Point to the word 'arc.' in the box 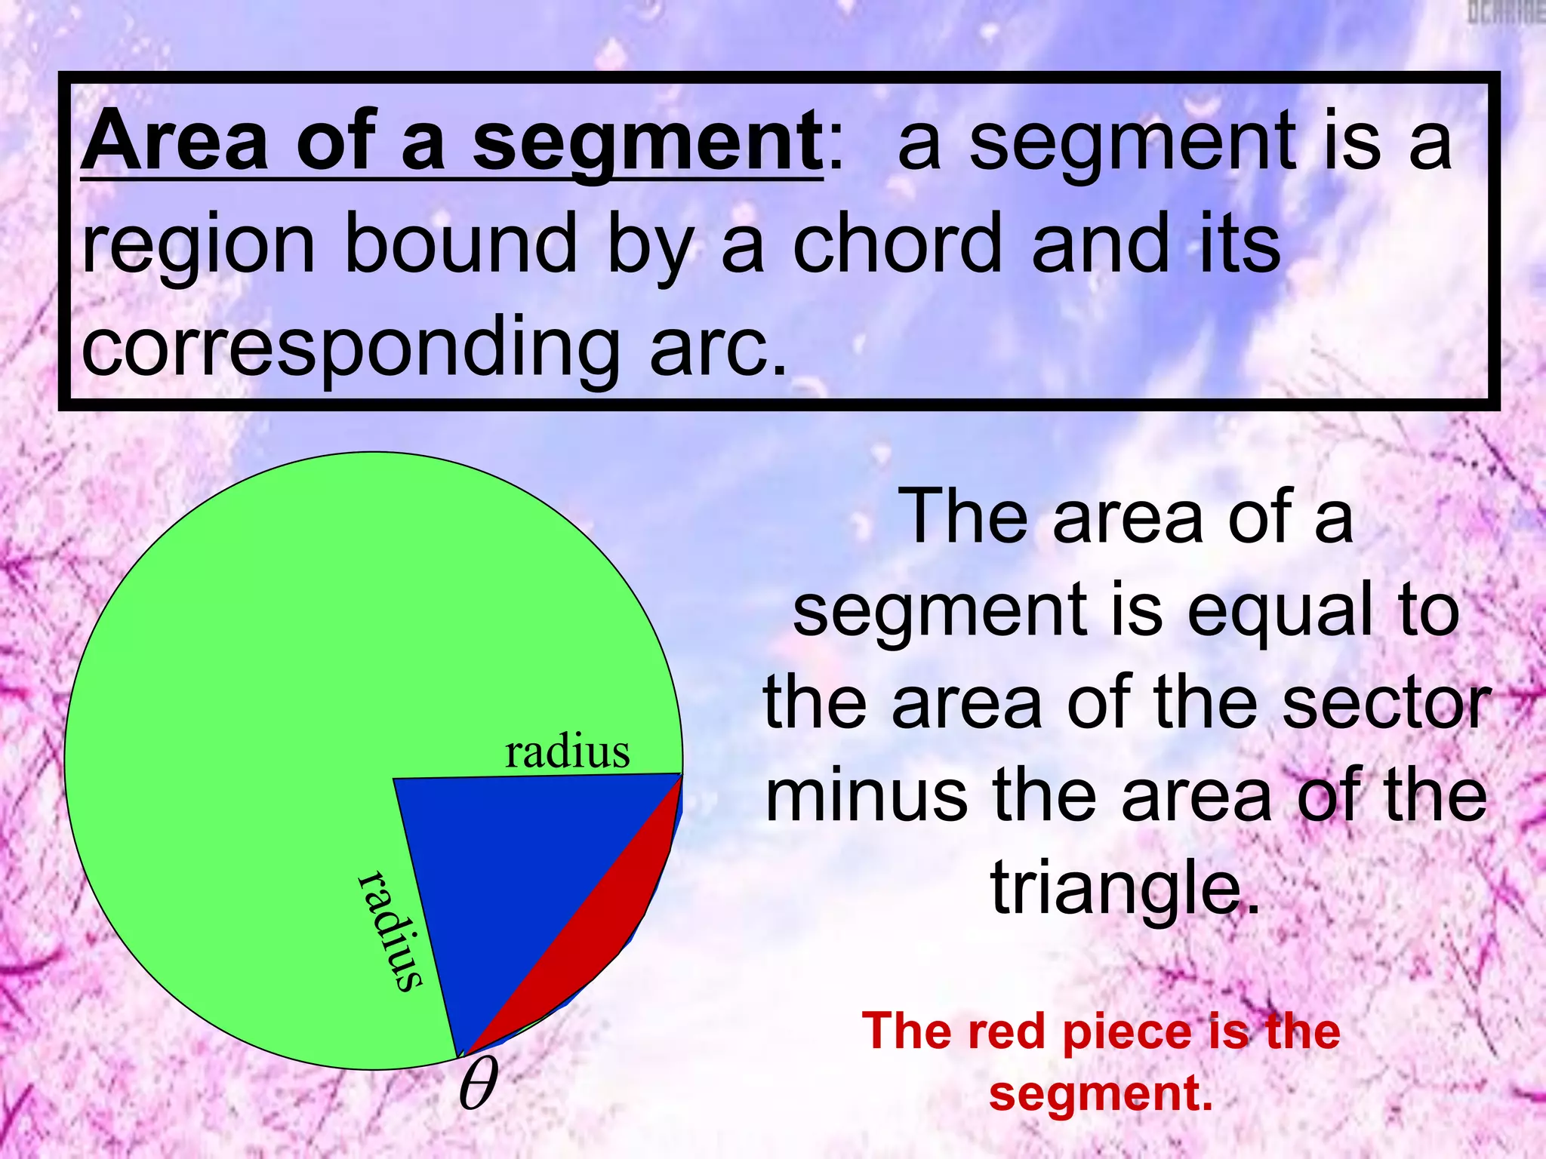(717, 349)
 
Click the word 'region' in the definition (198, 246)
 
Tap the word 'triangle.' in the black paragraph (1125, 890)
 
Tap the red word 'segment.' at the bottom (1101, 1093)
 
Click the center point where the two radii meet (393, 779)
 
